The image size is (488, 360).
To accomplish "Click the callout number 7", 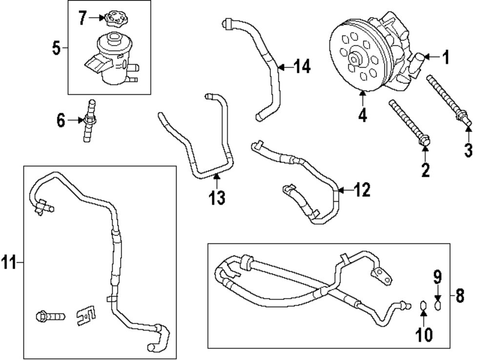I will click(82, 19).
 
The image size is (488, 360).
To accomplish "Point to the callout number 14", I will click(303, 66).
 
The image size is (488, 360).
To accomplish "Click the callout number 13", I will click(217, 197).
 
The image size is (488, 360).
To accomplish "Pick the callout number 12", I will click(362, 190).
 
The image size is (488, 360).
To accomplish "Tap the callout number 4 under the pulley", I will click(363, 115).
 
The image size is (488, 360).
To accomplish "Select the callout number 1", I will click(445, 58).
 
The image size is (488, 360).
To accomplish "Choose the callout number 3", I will click(468, 150).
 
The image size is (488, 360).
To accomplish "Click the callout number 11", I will click(9, 263).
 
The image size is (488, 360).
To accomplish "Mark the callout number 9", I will click(438, 277).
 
